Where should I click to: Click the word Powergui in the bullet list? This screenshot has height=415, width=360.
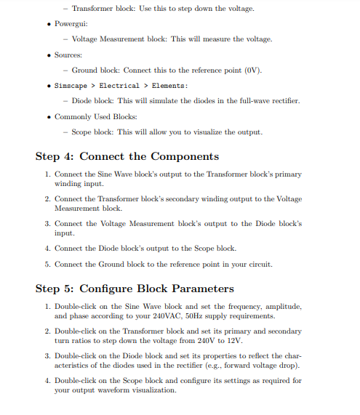coord(71,24)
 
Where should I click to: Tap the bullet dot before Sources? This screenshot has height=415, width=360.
coord(48,55)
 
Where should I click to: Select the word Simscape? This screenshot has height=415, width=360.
coord(72,86)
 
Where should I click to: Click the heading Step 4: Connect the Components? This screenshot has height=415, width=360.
coord(127,156)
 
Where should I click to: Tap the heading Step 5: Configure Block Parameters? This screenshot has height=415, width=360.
coord(135,289)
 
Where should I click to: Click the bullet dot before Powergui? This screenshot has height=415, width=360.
coord(48,24)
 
